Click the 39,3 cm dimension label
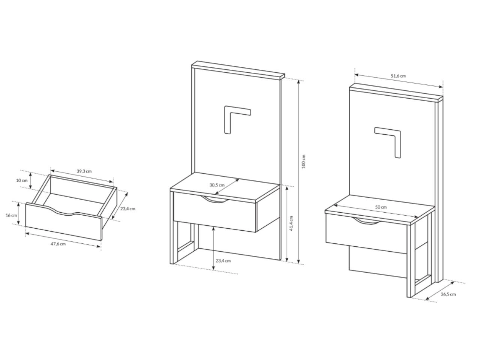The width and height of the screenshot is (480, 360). (x=84, y=171)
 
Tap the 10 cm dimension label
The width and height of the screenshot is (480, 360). (x=22, y=180)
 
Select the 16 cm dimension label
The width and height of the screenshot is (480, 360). (x=11, y=215)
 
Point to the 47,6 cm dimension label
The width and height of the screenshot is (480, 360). (x=58, y=244)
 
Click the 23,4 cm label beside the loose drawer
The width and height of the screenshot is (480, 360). (x=128, y=209)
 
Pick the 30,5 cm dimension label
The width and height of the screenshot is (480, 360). (x=217, y=185)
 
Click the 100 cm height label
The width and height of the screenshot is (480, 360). (x=303, y=162)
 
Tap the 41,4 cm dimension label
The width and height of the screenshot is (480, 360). (x=291, y=223)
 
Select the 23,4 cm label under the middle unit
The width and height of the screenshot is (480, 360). (x=223, y=261)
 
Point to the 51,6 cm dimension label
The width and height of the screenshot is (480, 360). (x=398, y=76)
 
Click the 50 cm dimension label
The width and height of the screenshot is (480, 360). (x=381, y=207)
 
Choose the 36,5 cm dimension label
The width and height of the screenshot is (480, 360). (x=448, y=294)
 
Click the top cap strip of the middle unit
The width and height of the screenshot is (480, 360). (x=238, y=69)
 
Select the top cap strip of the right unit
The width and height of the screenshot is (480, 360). (x=396, y=93)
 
